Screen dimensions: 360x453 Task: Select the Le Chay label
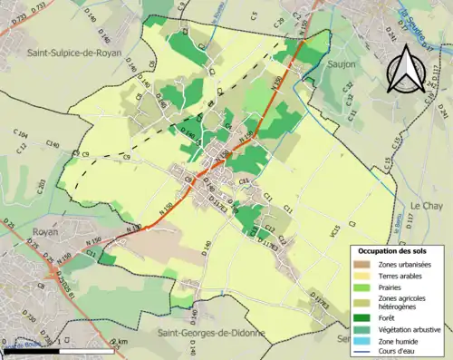tap(426, 207)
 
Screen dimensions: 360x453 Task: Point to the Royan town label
tap(45, 232)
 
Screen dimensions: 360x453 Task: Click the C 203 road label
tap(42, 186)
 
